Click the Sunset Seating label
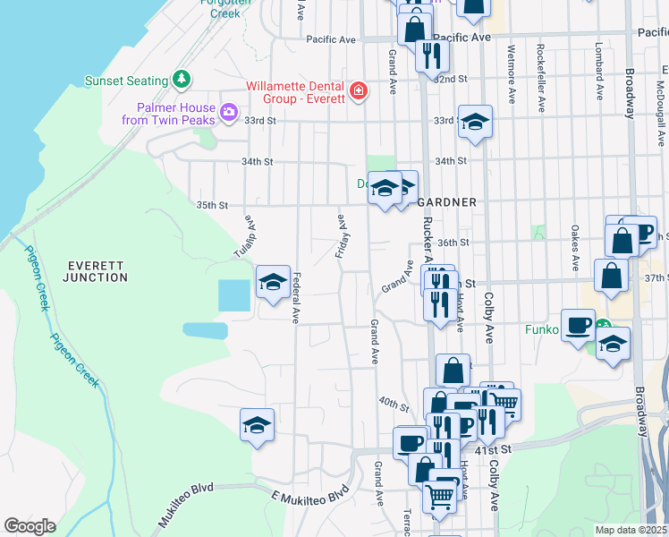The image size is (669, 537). click(127, 81)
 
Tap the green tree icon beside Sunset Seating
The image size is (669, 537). click(182, 80)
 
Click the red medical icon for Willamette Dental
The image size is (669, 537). click(359, 91)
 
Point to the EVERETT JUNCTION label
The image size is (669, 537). click(96, 271)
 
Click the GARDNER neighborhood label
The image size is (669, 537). click(446, 202)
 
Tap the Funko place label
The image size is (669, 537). click(539, 330)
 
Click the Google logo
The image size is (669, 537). click(30, 526)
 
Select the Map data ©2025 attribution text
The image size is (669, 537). click(631, 530)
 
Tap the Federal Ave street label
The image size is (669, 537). click(296, 297)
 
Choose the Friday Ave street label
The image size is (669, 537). click(339, 236)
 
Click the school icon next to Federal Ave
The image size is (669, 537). click(273, 283)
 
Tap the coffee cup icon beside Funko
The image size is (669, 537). click(578, 324)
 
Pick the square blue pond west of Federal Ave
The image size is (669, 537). click(234, 295)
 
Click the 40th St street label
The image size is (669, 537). click(393, 403)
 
